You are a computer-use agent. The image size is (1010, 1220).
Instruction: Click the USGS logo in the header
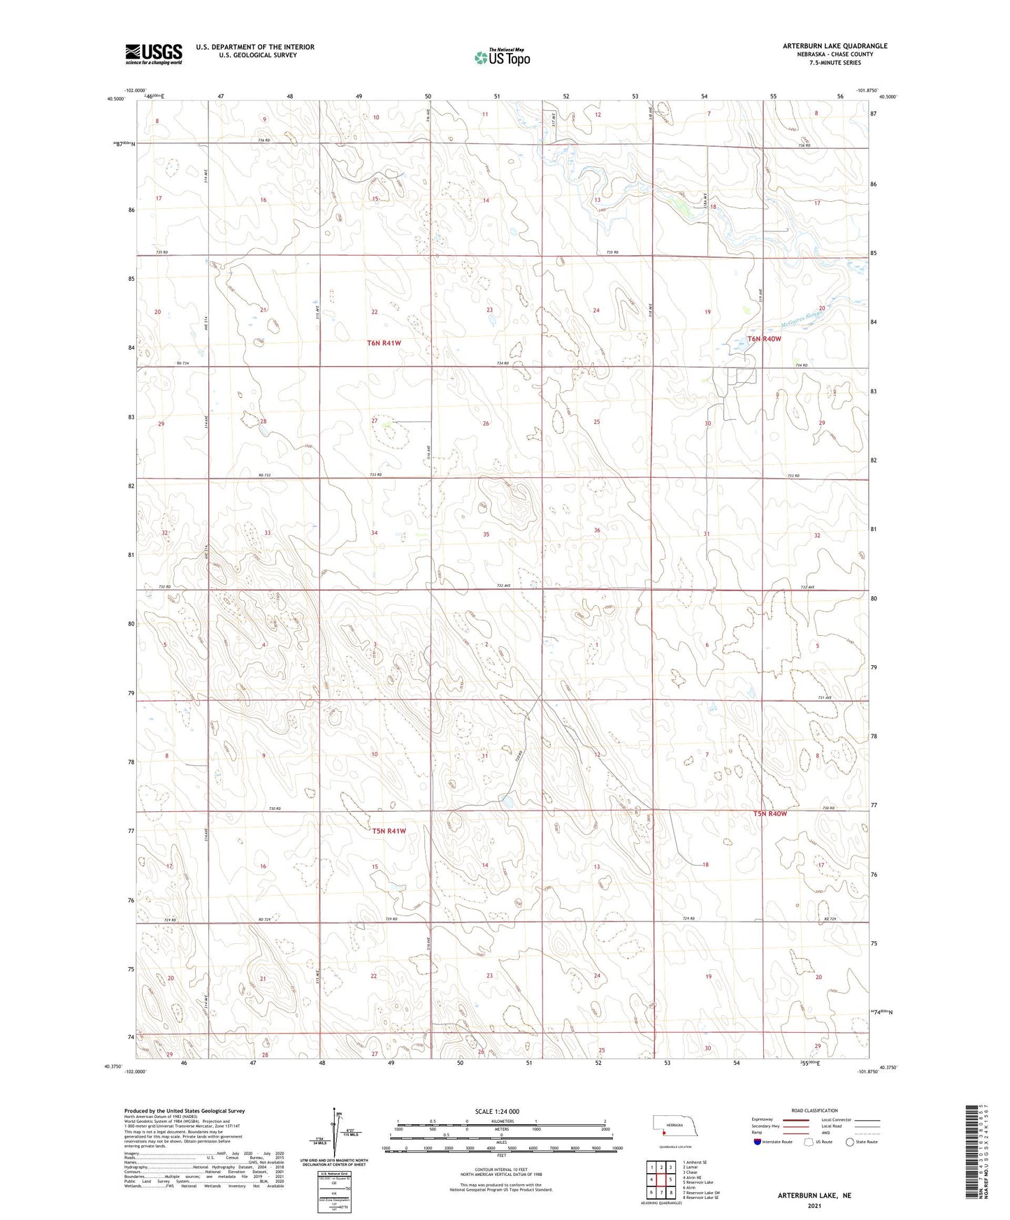pyautogui.click(x=154, y=54)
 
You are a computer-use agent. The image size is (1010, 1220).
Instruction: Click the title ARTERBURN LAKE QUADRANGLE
pyautogui.click(x=835, y=46)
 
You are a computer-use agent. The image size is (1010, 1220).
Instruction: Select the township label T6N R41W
pyautogui.click(x=384, y=343)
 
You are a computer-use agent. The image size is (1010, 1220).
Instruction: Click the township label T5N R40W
pyautogui.click(x=770, y=814)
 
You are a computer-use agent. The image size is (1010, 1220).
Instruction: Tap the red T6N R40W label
pyautogui.click(x=764, y=339)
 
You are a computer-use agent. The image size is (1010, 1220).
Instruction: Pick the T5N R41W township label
pyautogui.click(x=389, y=831)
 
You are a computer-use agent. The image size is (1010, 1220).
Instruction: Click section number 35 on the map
pyautogui.click(x=486, y=535)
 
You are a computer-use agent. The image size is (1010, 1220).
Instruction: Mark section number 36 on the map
pyautogui.click(x=597, y=530)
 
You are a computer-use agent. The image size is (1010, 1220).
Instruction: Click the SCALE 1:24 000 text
pyautogui.click(x=497, y=1112)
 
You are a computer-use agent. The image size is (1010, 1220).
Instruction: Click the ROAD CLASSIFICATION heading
pyautogui.click(x=814, y=1110)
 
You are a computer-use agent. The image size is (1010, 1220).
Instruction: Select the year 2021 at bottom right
pyautogui.click(x=814, y=1206)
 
